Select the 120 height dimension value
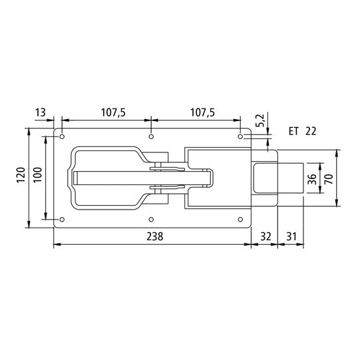coord(21,177)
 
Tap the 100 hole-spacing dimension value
coord(37,177)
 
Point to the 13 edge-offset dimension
coord(41,113)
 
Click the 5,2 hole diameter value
coord(261,120)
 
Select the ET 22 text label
coord(302,131)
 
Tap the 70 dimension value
coord(329,179)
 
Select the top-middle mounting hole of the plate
coord(152,136)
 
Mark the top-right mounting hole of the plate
coord(242,136)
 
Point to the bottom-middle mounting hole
coord(152,219)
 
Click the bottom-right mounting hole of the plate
coord(242,219)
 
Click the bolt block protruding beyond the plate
coord(290,179)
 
